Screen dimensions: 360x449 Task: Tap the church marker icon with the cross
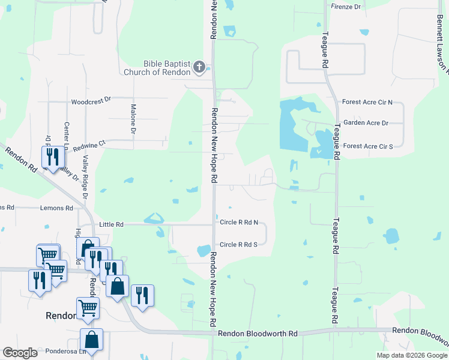click(x=200, y=68)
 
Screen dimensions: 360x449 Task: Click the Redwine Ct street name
click(x=89, y=143)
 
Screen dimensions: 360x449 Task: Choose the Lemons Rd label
click(x=56, y=208)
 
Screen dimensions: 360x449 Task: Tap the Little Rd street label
click(x=111, y=224)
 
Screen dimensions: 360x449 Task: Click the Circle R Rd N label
click(x=238, y=223)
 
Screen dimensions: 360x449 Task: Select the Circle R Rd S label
click(x=238, y=244)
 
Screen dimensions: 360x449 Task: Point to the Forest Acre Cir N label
click(x=367, y=103)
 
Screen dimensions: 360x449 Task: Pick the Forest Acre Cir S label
click(x=367, y=146)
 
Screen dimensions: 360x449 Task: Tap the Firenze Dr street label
click(x=346, y=7)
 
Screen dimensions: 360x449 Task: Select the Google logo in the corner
click(x=20, y=353)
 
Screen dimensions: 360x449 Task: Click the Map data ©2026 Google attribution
click(x=411, y=355)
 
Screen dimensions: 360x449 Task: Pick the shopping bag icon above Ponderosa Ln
click(x=91, y=340)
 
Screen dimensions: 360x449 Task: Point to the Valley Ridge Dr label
click(x=85, y=177)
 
